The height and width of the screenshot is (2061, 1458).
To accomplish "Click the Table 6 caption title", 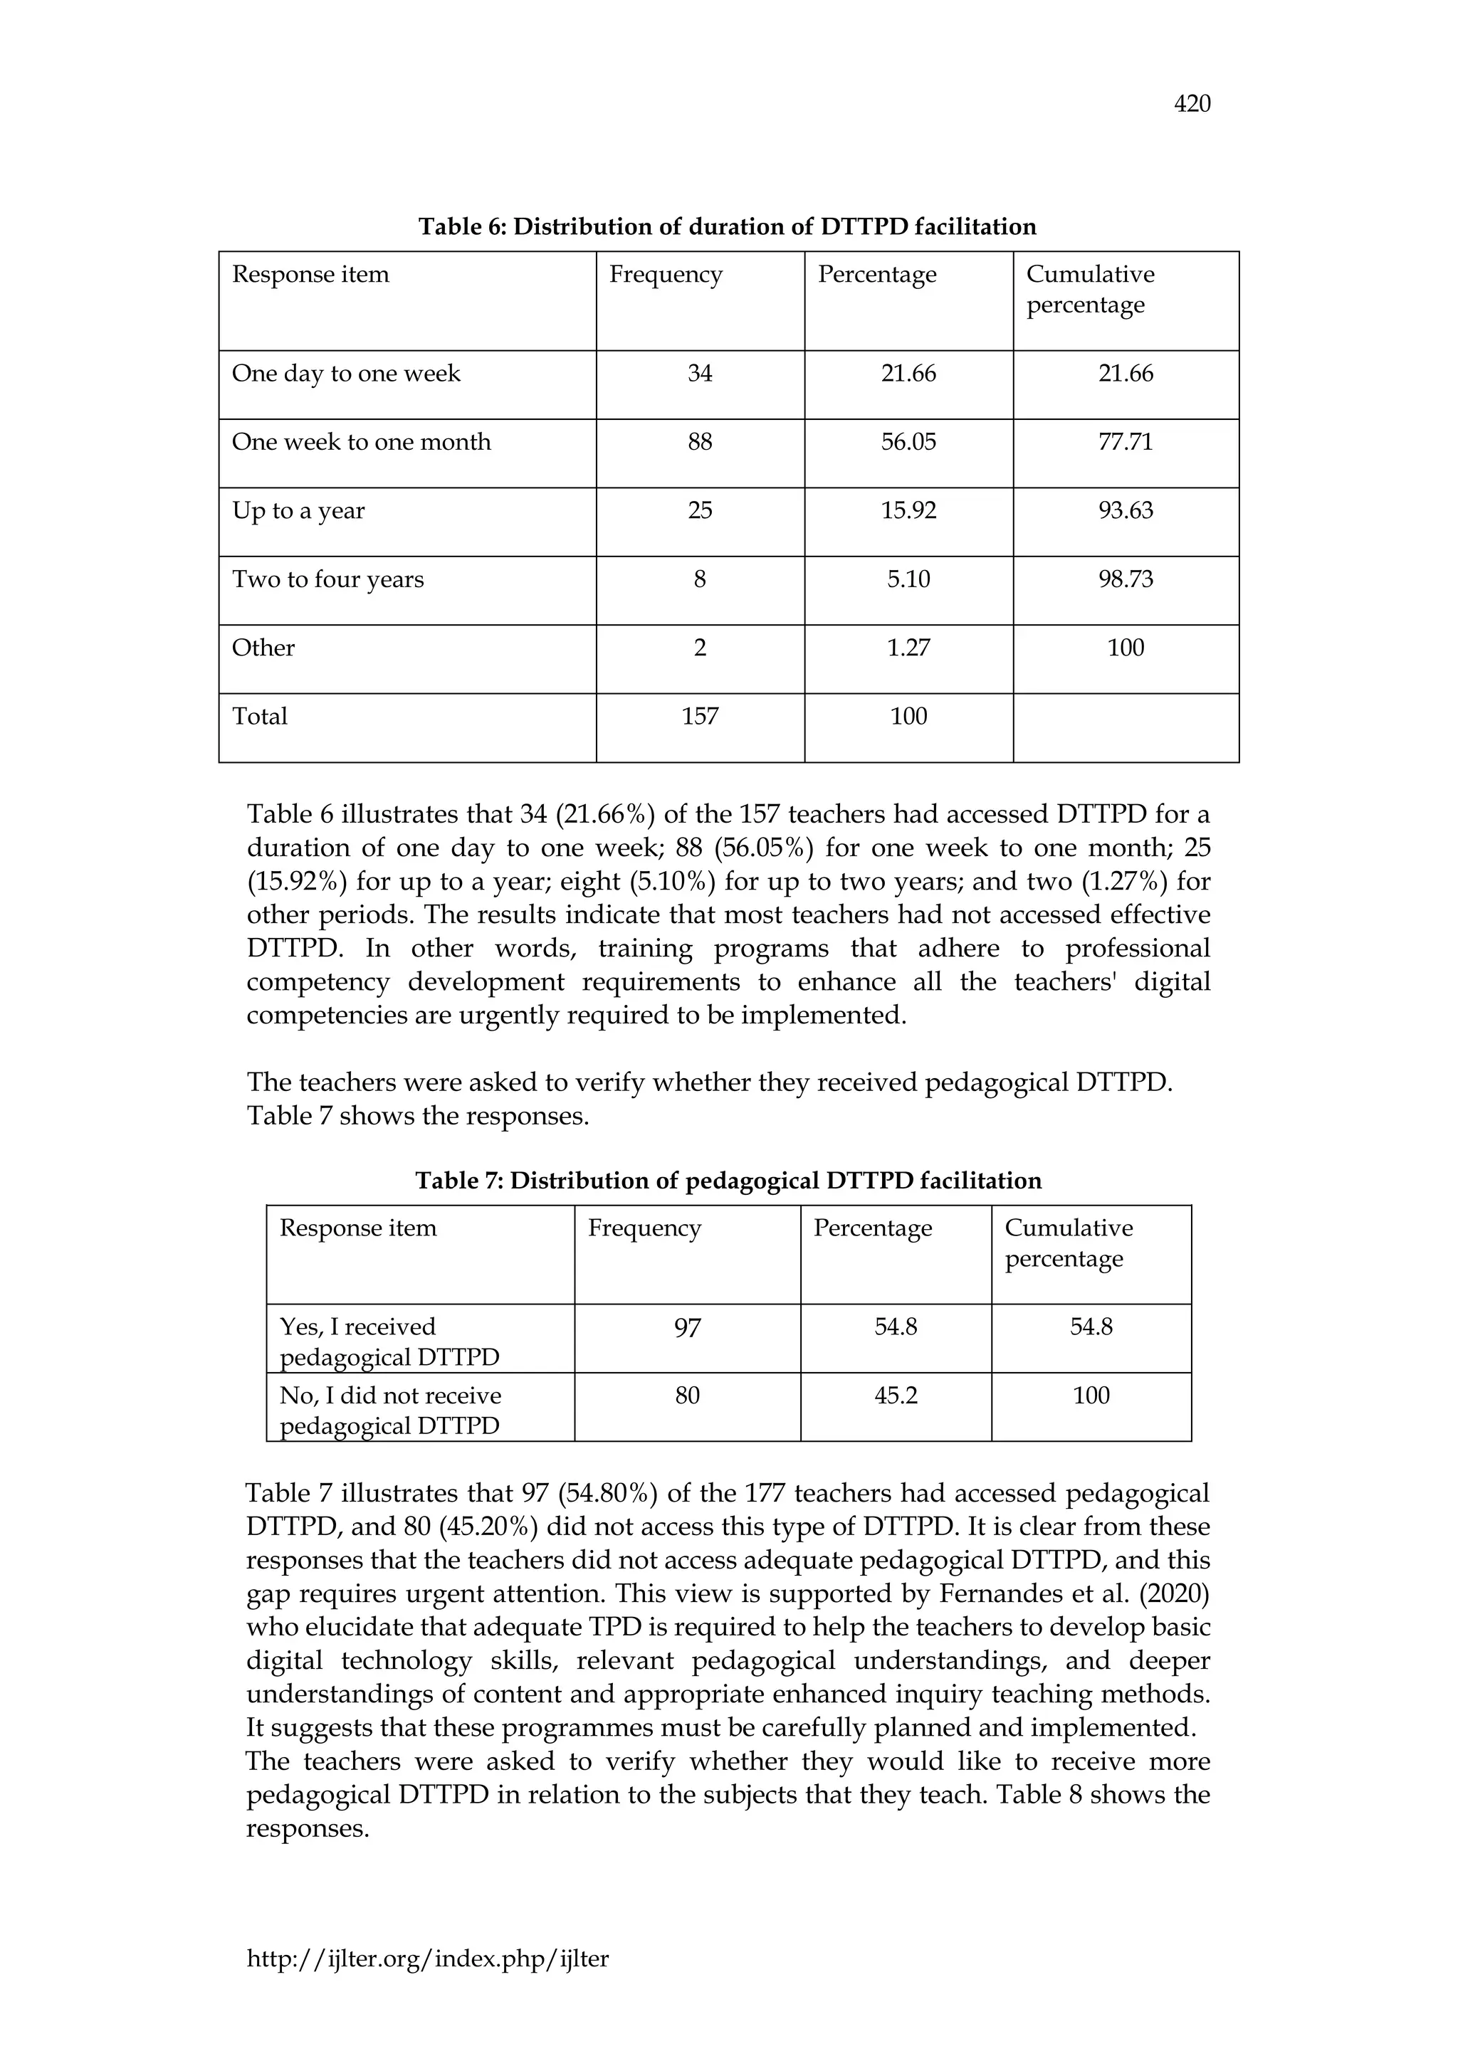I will tap(727, 226).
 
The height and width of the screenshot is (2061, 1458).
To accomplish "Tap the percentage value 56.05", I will tap(908, 442).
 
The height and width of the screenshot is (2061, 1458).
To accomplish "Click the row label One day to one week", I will tap(346, 374).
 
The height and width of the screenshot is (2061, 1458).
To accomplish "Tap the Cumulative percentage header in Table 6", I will tap(1089, 289).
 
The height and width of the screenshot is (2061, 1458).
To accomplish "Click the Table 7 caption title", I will tap(727, 1181).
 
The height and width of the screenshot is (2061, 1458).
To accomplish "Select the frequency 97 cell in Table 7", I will tap(687, 1327).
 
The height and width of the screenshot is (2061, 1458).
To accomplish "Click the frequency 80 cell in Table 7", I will tap(687, 1396).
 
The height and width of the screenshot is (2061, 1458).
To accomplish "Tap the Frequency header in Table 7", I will tap(644, 1228).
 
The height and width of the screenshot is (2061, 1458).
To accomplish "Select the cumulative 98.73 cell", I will tap(1125, 579).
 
